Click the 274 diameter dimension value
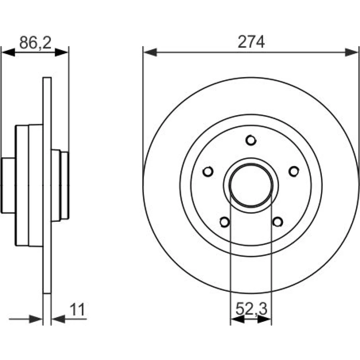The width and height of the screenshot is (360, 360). click(251, 42)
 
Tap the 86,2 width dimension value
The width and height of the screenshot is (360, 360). click(35, 43)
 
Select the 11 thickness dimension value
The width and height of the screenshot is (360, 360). click(77, 310)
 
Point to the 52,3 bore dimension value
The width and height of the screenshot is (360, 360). click(251, 309)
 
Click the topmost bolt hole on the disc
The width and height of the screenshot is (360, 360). click(251, 140)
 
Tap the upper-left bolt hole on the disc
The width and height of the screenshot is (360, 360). click(208, 171)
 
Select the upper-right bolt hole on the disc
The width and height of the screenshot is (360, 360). click(294, 171)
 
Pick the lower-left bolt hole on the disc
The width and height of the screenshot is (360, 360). click(225, 222)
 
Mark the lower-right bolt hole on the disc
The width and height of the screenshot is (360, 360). click(278, 222)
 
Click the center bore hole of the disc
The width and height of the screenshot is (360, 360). click(251, 185)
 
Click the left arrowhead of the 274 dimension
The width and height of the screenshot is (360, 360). click(150, 52)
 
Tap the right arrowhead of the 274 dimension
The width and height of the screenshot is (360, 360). click(351, 52)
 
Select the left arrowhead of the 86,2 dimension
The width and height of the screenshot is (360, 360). click(8, 52)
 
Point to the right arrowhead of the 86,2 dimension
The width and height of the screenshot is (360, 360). click(62, 52)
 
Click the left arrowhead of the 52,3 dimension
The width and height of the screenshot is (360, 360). click(237, 319)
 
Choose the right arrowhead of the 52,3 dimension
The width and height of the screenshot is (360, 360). click(265, 319)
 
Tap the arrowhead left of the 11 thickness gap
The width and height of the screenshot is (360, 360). click(36, 319)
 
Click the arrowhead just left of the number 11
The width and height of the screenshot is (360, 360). click(58, 319)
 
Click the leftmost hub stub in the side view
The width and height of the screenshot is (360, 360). click(8, 185)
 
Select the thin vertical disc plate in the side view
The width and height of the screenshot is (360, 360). click(47, 185)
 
